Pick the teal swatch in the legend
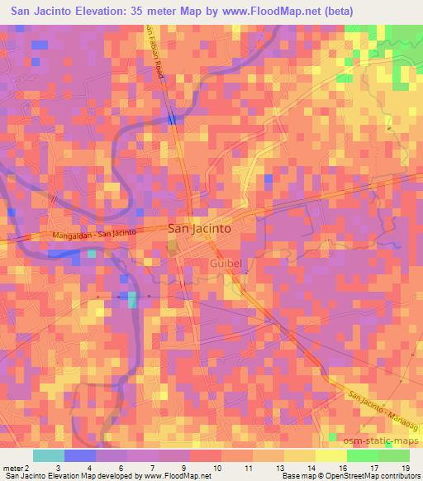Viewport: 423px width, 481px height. click(48, 455)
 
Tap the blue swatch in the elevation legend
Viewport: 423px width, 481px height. click(79, 455)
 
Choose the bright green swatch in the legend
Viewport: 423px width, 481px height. click(393, 455)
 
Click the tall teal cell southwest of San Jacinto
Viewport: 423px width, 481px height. click(132, 298)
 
